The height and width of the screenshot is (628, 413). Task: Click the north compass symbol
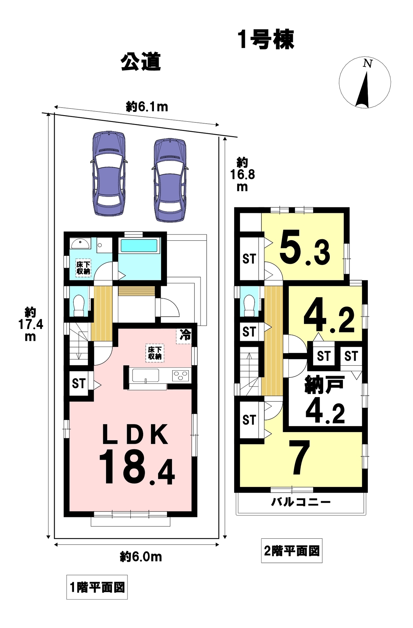(x=365, y=82)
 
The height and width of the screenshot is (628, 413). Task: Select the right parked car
(x=170, y=180)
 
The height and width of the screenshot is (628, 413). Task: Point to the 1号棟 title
(x=266, y=40)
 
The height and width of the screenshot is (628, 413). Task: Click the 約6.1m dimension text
(x=147, y=107)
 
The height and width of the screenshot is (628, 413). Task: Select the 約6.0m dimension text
(x=141, y=556)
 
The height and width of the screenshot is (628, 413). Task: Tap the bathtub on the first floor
(x=139, y=246)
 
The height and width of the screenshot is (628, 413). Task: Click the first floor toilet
(x=79, y=306)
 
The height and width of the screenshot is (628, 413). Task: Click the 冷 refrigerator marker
(x=185, y=335)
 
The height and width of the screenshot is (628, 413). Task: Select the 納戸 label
(x=324, y=385)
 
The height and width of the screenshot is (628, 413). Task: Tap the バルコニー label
(x=301, y=502)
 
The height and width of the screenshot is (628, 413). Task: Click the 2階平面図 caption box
(x=292, y=551)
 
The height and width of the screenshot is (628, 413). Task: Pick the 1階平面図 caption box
(x=97, y=587)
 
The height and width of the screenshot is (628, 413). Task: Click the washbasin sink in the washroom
(x=80, y=244)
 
